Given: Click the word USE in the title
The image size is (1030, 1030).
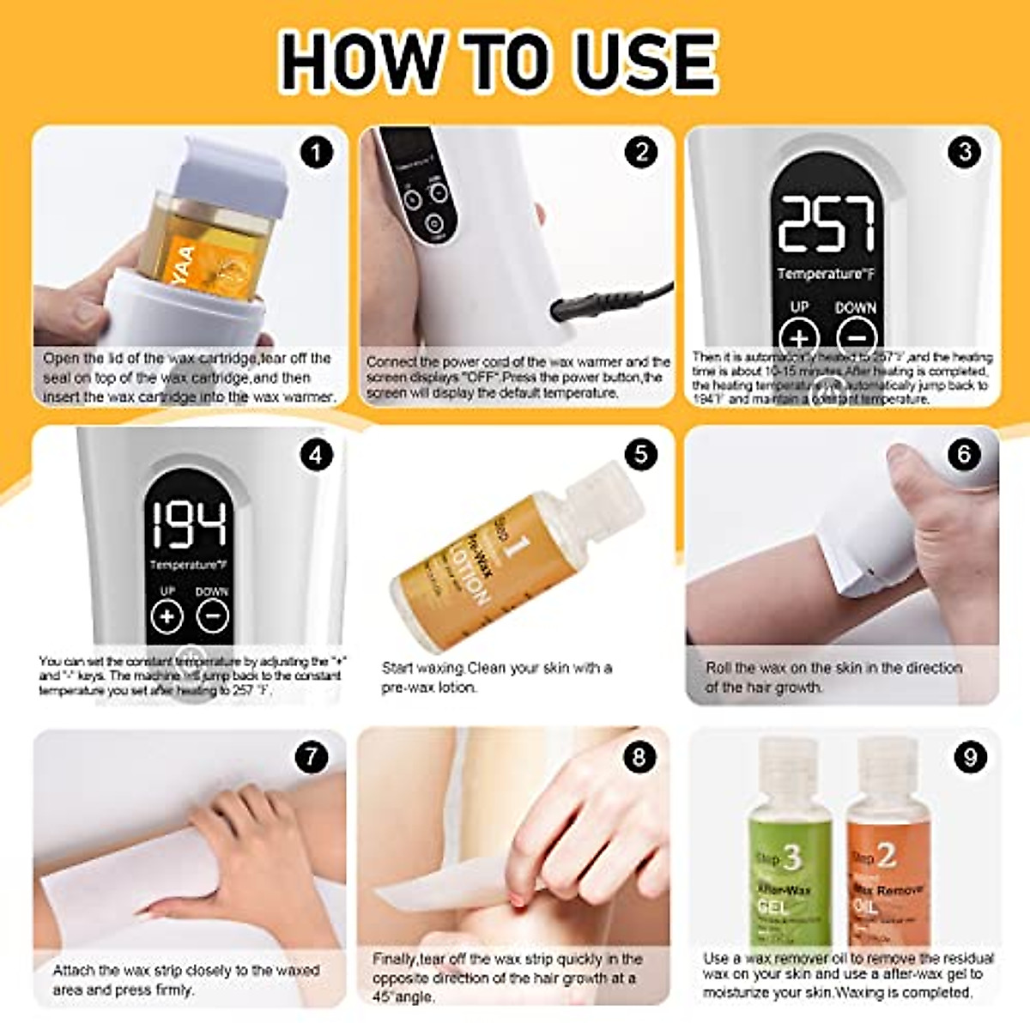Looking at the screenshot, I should coord(645,61).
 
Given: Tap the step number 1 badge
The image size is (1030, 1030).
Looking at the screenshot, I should coord(316,154).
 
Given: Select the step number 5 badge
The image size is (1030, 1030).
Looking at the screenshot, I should coord(641,454).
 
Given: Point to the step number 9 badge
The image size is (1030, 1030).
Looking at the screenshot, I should coord(969,757).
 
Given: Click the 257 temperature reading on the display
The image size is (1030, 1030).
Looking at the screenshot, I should coord(826,224).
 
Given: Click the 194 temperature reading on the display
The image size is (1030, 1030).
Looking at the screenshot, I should coord(189,524).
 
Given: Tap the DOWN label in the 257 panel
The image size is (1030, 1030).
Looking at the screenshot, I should coord(855,307).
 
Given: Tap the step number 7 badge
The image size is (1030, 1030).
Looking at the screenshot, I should coord(312,757).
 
